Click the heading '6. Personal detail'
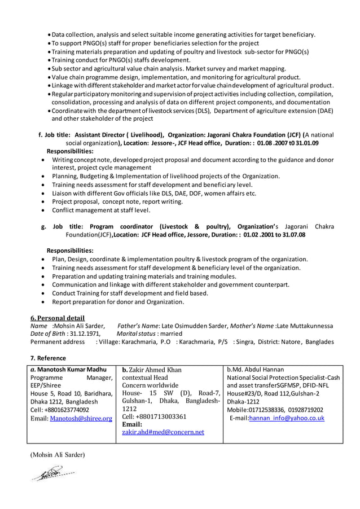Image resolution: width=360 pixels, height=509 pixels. tap(57, 318)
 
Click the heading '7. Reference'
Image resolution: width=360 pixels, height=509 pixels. tap(48, 358)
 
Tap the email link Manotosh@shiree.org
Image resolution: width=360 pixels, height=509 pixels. tap(81, 418)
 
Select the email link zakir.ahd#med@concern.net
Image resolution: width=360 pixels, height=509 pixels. tap(163, 432)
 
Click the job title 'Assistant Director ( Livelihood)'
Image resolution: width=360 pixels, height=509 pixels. tap(119, 135)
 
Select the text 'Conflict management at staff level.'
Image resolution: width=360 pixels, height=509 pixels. tap(101, 210)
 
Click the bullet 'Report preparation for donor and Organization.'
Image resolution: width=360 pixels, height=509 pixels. tap(118, 302)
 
